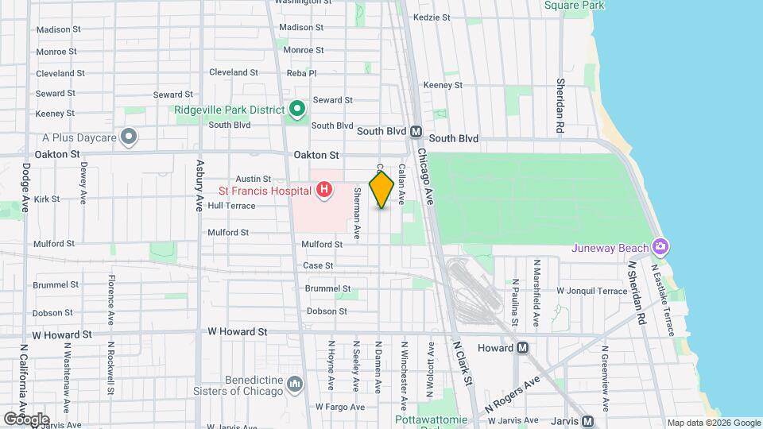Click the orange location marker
click(381, 189)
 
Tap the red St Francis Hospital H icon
click(324, 190)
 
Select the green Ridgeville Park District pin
click(297, 109)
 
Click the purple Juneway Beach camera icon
click(660, 246)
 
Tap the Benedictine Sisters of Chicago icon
click(296, 385)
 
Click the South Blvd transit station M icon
click(415, 132)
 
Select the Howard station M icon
click(522, 348)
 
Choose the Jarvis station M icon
click(587, 421)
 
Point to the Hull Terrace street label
click(231, 206)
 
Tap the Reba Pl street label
click(301, 73)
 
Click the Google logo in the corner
click(25, 419)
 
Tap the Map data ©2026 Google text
click(713, 423)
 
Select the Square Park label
click(575, 6)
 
